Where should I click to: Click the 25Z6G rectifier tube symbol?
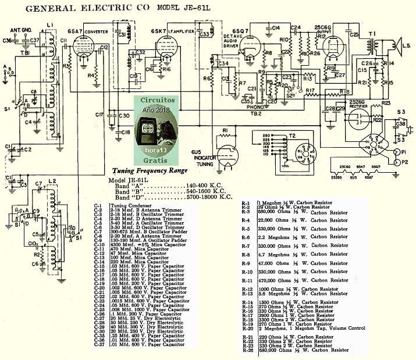click(x=356, y=117)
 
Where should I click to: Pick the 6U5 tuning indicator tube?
click(x=229, y=152)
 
